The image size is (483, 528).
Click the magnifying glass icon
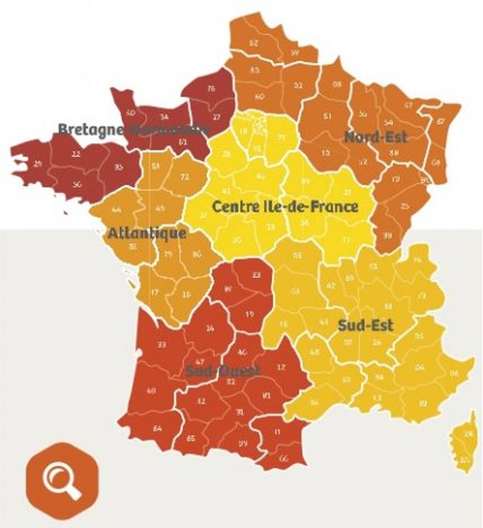pos(62,481)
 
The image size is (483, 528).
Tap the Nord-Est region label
pos(375,137)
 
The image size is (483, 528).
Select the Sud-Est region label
pos(365,326)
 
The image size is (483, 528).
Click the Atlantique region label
pos(147,233)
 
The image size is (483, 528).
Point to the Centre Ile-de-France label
pos(285,207)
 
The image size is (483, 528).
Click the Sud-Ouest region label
pos(223,371)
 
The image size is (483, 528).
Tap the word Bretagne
pos(91,129)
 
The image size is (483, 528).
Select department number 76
pos(211,89)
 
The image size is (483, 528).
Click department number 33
pos(162,345)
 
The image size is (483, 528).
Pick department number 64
pos(157,428)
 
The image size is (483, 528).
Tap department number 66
pos(284,458)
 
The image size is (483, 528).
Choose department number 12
pos(281,367)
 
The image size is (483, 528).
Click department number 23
pos(256,275)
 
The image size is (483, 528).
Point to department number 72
pos(185,177)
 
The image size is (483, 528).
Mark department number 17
pos(154,293)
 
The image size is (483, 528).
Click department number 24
pos(210,328)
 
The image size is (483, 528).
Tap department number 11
pos(277,432)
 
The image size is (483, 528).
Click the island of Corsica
pos(465,445)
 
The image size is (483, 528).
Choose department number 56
pos(77,184)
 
